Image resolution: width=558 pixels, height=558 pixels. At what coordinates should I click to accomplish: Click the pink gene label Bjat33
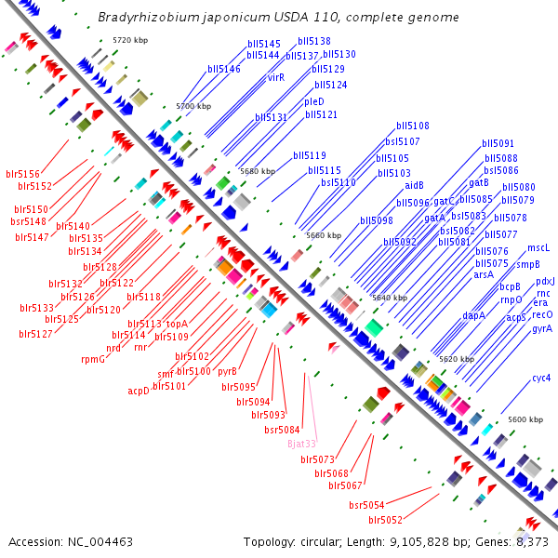coord(302,444)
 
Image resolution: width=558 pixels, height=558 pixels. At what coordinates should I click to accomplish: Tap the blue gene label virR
coord(275,77)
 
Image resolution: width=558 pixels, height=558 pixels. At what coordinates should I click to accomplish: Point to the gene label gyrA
coord(541,328)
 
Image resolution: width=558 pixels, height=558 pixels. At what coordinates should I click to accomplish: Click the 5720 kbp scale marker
coord(130,41)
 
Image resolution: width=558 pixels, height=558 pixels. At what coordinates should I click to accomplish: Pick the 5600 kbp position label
coord(525,419)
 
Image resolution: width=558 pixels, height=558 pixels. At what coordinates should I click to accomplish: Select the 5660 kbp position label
coord(324,236)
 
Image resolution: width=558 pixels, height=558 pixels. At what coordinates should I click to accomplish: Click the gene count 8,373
coord(532,541)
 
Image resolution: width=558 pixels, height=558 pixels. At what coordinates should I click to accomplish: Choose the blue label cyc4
coord(541,378)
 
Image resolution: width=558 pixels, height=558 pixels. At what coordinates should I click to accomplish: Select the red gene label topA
coord(177,324)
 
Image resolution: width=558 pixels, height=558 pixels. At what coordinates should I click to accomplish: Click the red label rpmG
coord(93,359)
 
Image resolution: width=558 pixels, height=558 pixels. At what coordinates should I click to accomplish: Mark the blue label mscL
coord(538,248)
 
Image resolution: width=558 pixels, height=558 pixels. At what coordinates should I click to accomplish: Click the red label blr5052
coord(385,520)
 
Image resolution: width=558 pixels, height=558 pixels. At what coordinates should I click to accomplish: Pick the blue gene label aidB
coord(414,184)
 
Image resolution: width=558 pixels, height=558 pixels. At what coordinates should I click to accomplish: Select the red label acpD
coord(139,391)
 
